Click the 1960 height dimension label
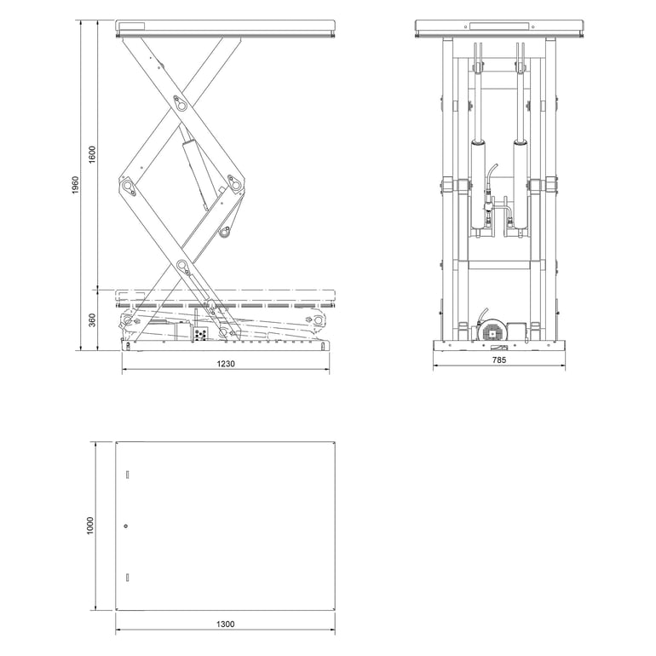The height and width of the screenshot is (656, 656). (76, 185)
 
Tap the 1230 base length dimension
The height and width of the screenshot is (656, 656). (225, 364)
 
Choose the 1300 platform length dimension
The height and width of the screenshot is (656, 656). (225, 624)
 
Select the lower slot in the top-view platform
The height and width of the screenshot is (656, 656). (126, 577)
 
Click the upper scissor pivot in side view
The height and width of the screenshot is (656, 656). (181, 104)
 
